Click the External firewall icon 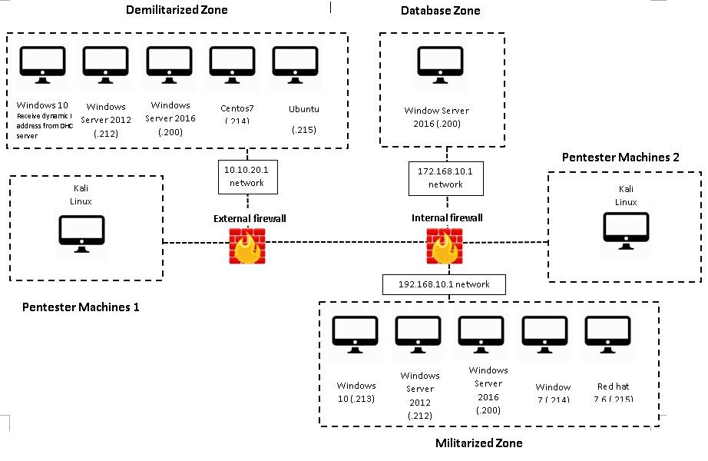click(x=247, y=246)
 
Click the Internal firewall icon click(x=445, y=246)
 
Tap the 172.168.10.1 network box click(x=445, y=177)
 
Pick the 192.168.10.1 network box click(x=444, y=284)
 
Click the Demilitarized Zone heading click(x=176, y=10)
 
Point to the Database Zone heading click(x=441, y=10)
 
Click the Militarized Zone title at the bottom click(x=478, y=443)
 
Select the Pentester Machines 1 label click(x=81, y=307)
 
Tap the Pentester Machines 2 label click(x=620, y=158)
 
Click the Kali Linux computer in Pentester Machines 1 click(x=82, y=234)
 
